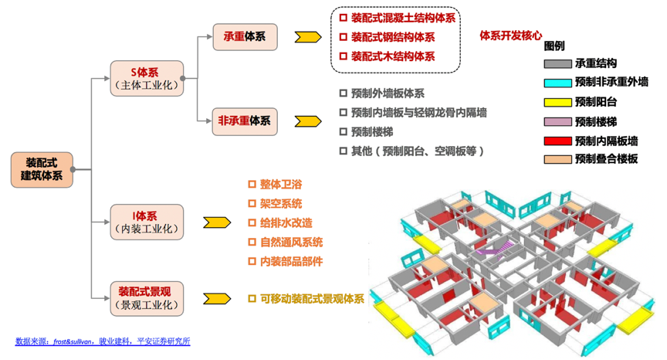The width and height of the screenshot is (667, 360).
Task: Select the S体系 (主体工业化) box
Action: pyautogui.click(x=147, y=78)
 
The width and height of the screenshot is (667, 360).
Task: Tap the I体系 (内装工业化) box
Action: pyautogui.click(x=147, y=222)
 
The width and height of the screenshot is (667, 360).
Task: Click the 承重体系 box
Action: pyautogui.click(x=245, y=36)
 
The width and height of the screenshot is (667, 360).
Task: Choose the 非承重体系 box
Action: pyautogui.click(x=245, y=121)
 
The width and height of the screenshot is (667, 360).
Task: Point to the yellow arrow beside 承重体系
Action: pyautogui.click(x=307, y=36)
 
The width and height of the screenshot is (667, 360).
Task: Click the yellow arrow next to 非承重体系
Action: pyautogui.click(x=307, y=121)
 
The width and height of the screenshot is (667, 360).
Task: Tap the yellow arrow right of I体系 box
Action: pyautogui.click(x=216, y=222)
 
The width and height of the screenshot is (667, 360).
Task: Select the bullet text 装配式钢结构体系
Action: pyautogui.click(x=392, y=37)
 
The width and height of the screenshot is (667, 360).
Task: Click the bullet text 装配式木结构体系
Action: pyautogui.click(x=392, y=56)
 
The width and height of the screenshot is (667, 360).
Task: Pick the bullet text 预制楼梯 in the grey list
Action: pyautogui.click(x=373, y=131)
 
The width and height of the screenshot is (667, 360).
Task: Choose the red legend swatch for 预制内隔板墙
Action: pyautogui.click(x=557, y=141)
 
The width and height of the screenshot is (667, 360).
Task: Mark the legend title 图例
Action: pyautogui.click(x=554, y=46)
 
